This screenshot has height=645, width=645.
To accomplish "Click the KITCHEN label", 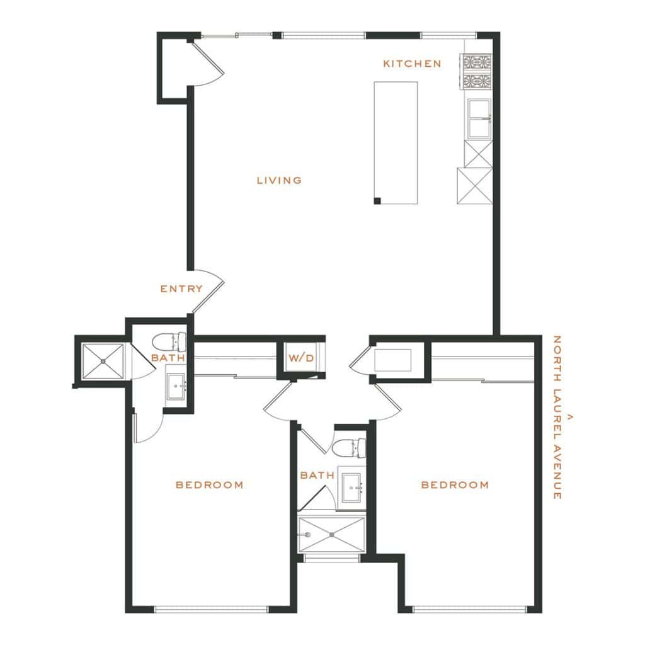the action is tap(412, 64).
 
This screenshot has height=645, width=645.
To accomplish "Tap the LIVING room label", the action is tap(279, 180).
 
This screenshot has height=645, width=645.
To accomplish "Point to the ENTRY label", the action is tap(181, 288).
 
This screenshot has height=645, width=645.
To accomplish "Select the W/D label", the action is tap(301, 358).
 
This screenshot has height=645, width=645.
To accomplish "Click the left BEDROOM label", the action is tap(209, 485).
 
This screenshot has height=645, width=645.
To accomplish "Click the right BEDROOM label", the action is tap(455, 485).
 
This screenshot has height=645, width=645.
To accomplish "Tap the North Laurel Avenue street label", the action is tap(557, 417).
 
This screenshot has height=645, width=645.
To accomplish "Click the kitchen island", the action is tap(396, 143).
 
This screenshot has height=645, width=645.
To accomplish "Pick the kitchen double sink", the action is tap(479, 119).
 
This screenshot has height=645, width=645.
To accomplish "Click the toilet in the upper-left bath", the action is tap(169, 342).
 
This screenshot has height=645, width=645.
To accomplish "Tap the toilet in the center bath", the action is tap(349, 448).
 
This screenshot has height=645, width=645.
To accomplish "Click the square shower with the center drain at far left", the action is tap(103, 361).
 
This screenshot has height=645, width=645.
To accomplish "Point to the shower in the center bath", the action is tap(331, 535).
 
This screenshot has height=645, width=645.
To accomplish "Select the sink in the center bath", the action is tap(351, 488).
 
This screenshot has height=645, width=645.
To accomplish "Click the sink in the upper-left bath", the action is tap(177, 387).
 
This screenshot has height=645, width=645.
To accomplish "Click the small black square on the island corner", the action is tap(377, 201).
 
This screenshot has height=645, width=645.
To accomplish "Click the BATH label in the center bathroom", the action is tap(317, 476).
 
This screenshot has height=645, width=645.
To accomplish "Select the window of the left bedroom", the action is tap(211, 609).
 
